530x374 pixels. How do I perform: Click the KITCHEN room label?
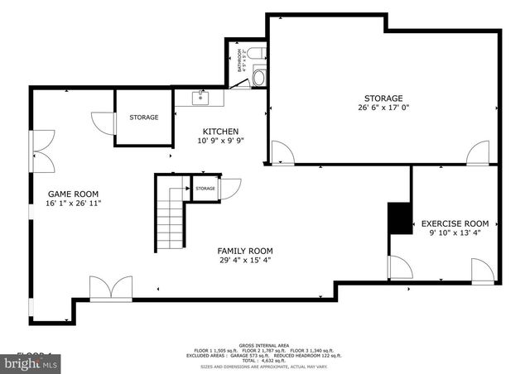coord(221,132)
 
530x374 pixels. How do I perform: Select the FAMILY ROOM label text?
coord(245,251)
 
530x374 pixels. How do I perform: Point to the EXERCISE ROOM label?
coord(455,223)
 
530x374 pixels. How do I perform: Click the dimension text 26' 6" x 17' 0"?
coord(383,107)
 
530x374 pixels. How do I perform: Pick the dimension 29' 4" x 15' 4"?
coord(245,261)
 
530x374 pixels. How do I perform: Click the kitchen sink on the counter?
coord(199,98)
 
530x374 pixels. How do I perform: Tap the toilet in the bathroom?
coord(258,53)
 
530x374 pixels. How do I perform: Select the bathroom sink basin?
coord(258,79)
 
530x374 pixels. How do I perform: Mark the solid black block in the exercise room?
coord(400,218)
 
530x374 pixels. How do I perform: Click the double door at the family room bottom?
coord(110,289)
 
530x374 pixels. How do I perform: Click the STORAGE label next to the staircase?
coord(205,189)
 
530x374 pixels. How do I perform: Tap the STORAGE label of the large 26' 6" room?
coord(383,98)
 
